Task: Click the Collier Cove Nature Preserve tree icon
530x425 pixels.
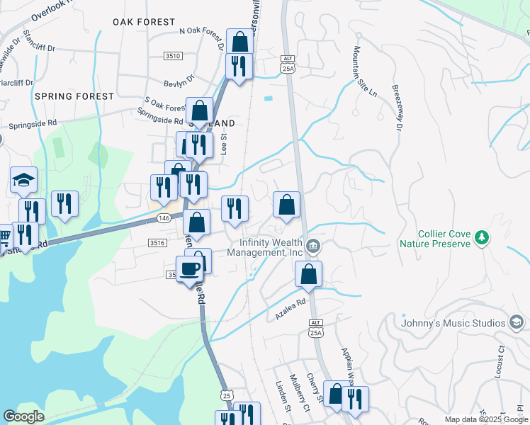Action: [482, 237]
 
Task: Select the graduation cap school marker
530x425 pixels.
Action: [23, 181]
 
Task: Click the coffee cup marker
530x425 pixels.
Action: [189, 269]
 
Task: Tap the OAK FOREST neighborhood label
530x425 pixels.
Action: [144, 22]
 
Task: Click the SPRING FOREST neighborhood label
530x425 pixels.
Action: [74, 96]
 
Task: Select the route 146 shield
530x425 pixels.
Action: [163, 218]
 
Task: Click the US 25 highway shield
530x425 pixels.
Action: [226, 394]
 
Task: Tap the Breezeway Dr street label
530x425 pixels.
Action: [396, 108]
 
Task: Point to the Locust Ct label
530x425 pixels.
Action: [500, 359]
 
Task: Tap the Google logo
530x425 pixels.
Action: [23, 416]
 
